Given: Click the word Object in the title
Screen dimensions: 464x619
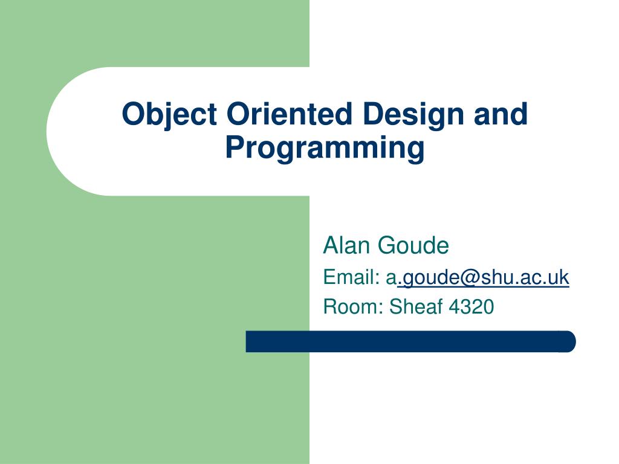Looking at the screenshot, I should tap(169, 114).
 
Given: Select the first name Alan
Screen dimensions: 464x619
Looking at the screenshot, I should tap(347, 246).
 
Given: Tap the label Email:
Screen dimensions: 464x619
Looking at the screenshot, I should tap(351, 277).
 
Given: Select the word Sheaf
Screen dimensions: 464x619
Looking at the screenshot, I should tap(416, 307).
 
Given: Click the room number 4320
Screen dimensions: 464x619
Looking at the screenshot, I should tap(472, 307).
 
